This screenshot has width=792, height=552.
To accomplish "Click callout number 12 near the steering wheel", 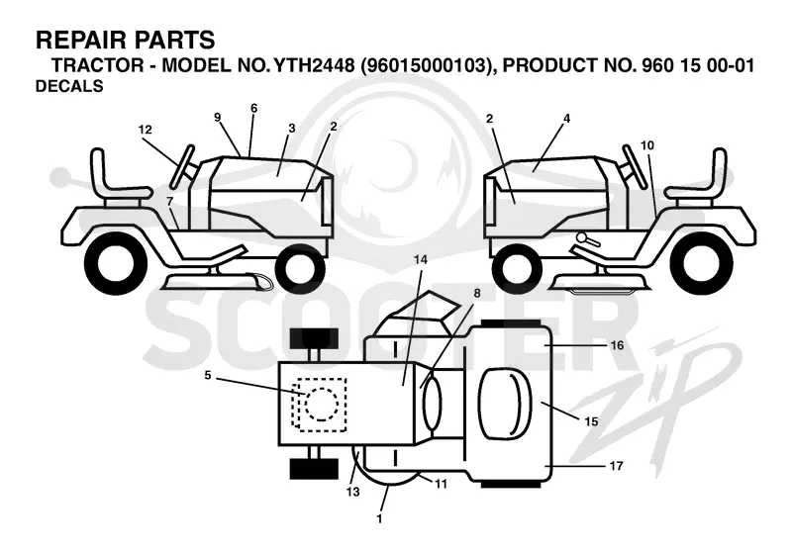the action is (x=145, y=130).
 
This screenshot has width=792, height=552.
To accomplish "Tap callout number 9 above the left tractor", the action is (x=217, y=118).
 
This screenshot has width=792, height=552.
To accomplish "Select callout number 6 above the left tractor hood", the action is (x=253, y=108).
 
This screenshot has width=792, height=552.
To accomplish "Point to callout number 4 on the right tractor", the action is (x=566, y=119).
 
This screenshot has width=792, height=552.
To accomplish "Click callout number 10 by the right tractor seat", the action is (x=647, y=145).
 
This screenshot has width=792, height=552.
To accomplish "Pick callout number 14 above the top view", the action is (x=420, y=260).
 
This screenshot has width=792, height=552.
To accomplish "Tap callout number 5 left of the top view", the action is (x=208, y=375).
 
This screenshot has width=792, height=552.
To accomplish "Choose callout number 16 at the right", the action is (x=617, y=345).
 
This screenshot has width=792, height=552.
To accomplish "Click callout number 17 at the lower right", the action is (x=616, y=466).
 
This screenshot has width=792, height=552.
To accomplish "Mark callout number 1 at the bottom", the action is (x=379, y=518).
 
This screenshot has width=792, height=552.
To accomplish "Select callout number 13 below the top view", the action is (x=353, y=491).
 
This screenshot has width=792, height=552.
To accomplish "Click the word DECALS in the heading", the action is (x=69, y=86).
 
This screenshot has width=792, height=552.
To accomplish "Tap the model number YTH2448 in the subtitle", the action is (x=314, y=65).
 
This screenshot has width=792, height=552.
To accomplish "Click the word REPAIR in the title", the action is (x=76, y=40).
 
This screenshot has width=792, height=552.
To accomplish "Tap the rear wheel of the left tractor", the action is (x=116, y=264).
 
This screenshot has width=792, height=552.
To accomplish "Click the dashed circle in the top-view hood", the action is (x=322, y=405).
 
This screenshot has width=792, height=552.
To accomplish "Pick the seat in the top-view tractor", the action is (x=505, y=403).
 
